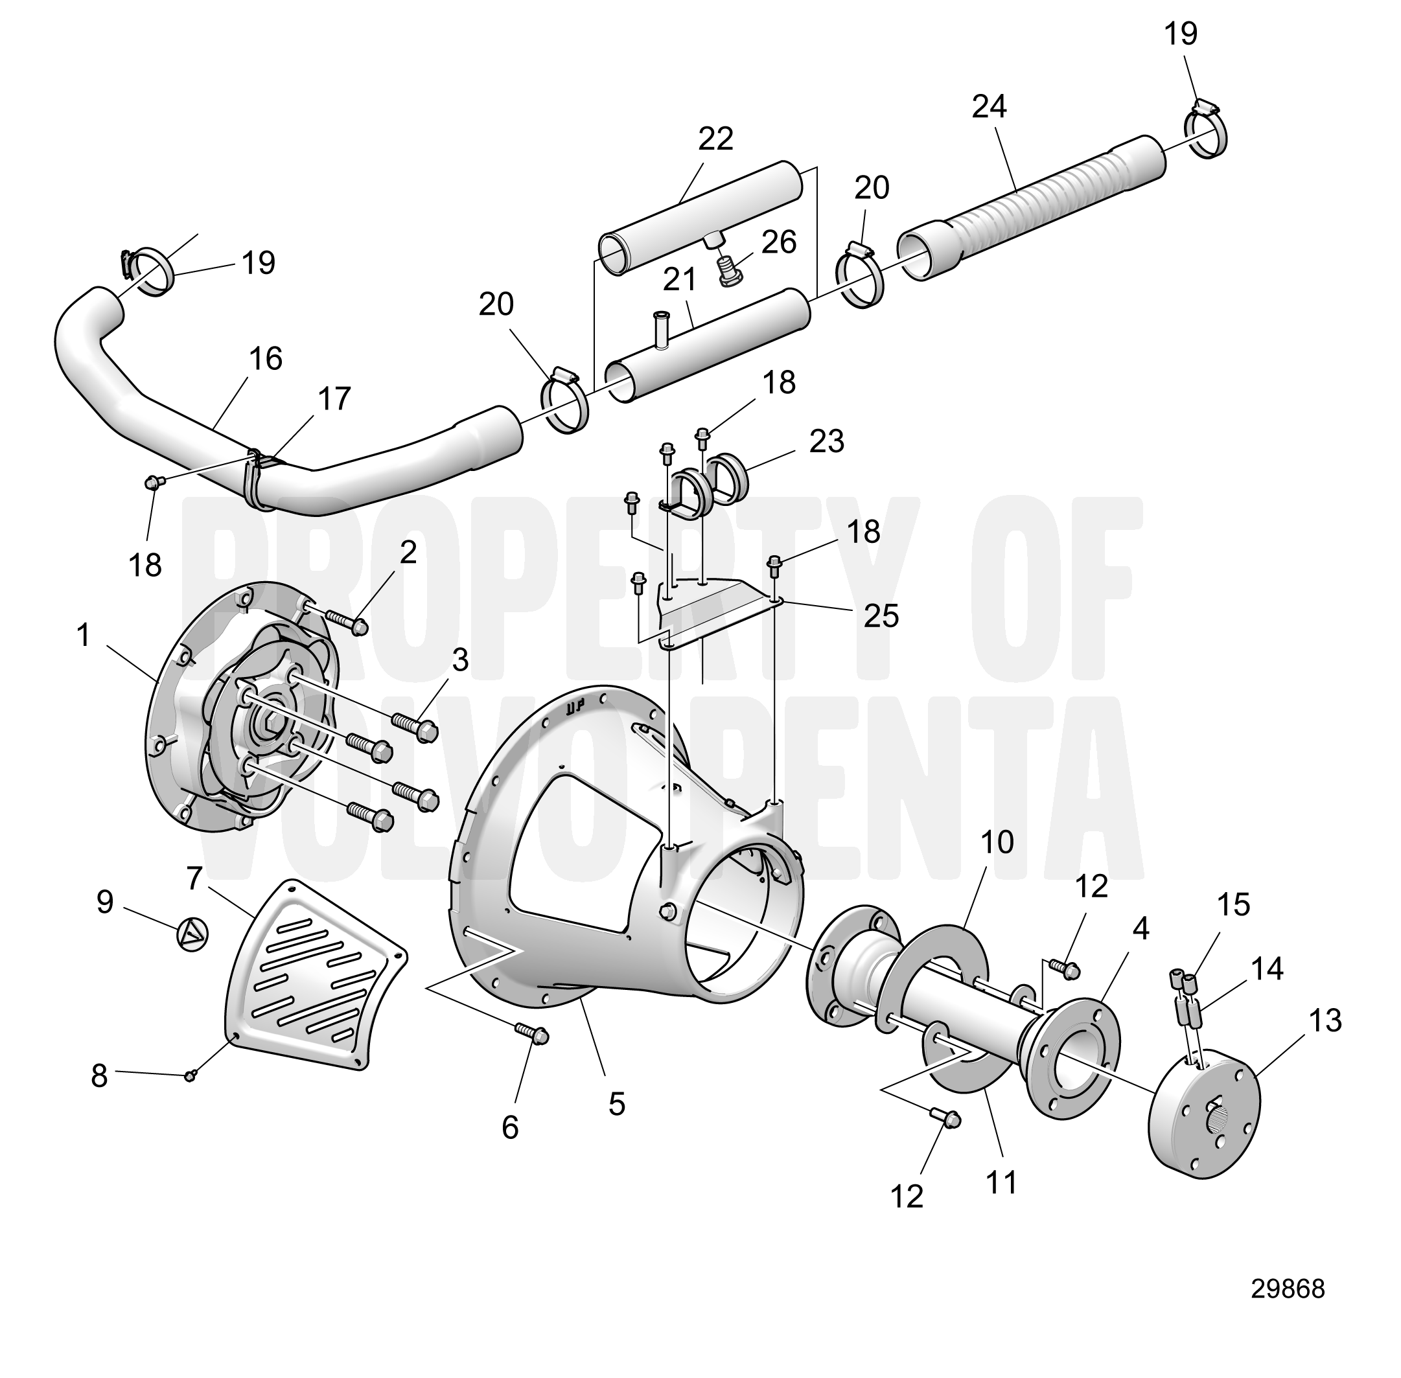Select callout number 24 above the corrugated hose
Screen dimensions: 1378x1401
(x=989, y=107)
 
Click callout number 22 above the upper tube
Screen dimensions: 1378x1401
(x=715, y=138)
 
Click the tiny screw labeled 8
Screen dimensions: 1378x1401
(x=191, y=1076)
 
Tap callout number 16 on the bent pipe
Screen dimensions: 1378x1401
(x=265, y=359)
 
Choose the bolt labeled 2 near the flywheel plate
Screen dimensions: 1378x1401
(x=347, y=620)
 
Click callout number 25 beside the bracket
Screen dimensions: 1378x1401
(x=881, y=616)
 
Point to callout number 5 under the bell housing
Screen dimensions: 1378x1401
(x=616, y=1104)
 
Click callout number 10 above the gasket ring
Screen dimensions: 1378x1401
(x=997, y=842)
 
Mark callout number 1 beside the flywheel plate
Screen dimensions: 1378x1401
(x=83, y=636)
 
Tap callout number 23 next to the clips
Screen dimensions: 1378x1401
(x=826, y=441)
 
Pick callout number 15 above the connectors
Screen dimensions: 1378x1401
(x=1234, y=904)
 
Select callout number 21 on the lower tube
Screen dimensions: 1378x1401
(x=679, y=279)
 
